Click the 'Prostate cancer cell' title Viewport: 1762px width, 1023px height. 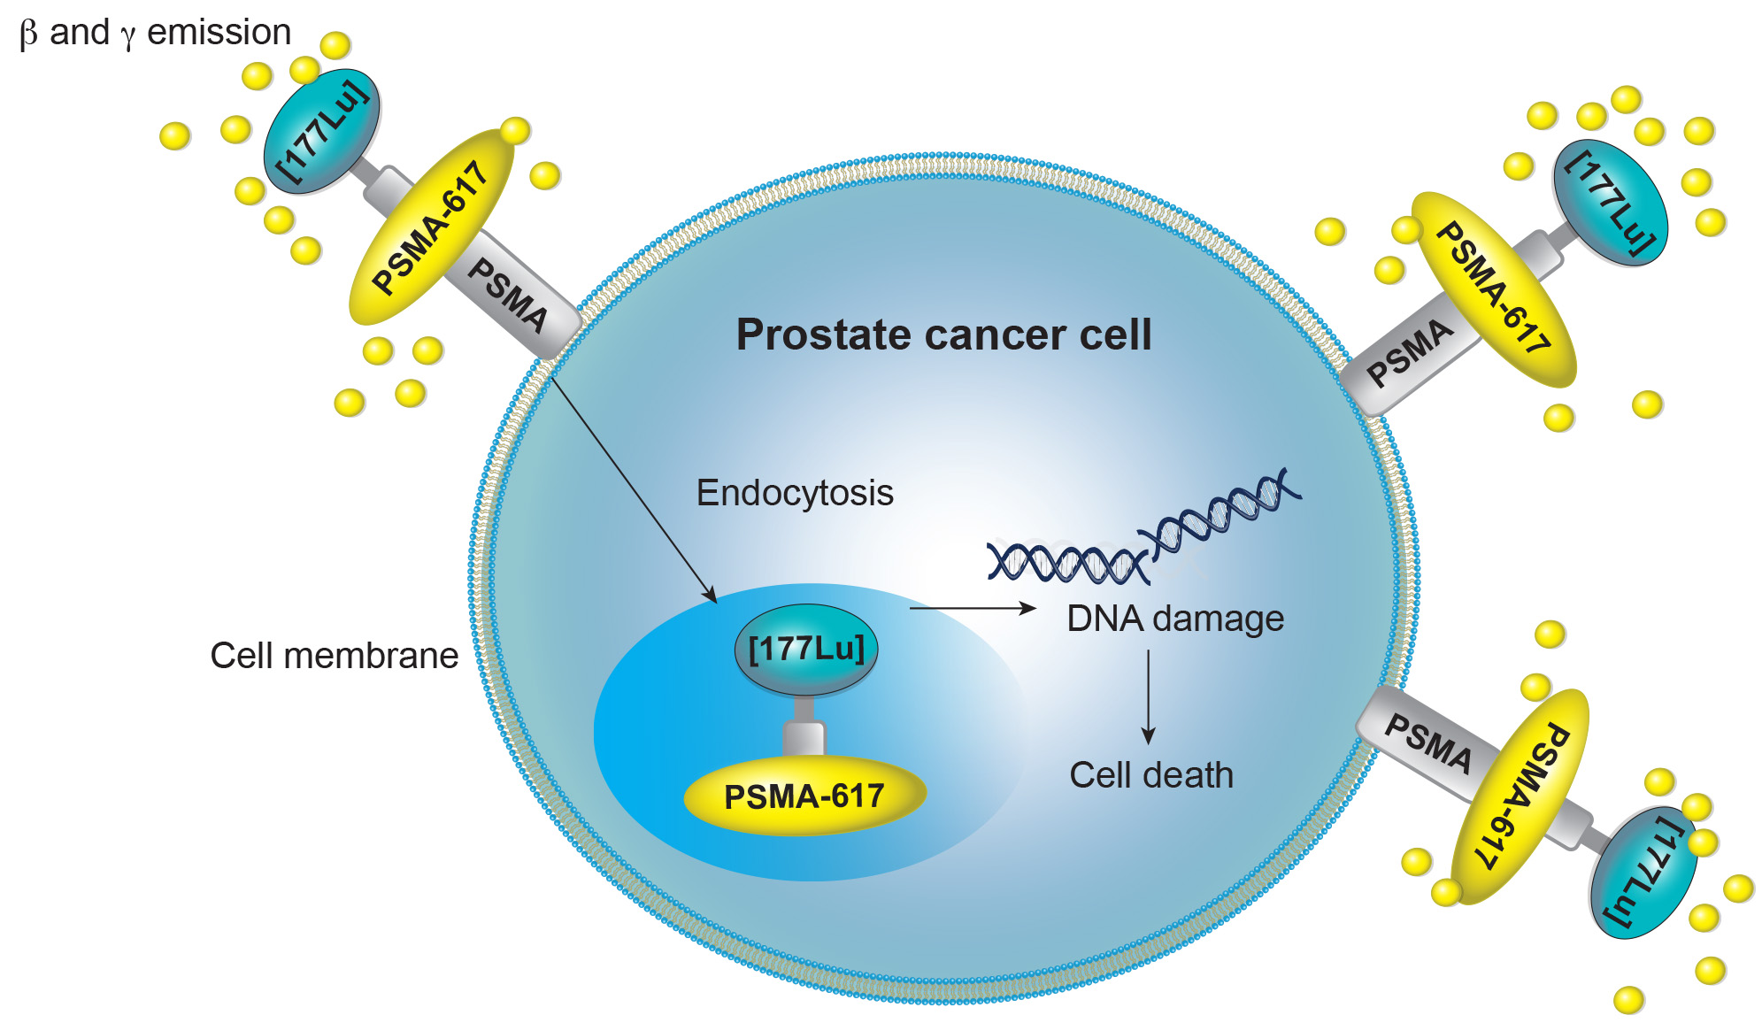click(x=943, y=335)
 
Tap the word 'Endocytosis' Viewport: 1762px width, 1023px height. click(x=795, y=493)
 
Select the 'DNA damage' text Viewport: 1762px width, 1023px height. click(x=1174, y=619)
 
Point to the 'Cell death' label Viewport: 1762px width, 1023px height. click(x=1150, y=775)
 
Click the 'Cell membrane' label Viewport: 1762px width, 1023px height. click(x=334, y=656)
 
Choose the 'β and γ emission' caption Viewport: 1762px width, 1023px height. click(x=156, y=33)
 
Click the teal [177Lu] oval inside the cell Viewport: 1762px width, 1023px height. click(x=805, y=650)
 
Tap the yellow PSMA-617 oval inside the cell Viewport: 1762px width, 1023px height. click(x=804, y=796)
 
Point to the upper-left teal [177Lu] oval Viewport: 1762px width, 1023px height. click(x=322, y=132)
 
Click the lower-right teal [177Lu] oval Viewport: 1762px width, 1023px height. click(x=1643, y=873)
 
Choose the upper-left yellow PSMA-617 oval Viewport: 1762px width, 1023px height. click(x=431, y=227)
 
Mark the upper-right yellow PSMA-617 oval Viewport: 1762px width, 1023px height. click(x=1494, y=289)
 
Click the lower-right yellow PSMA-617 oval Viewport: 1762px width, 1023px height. click(x=1520, y=796)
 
